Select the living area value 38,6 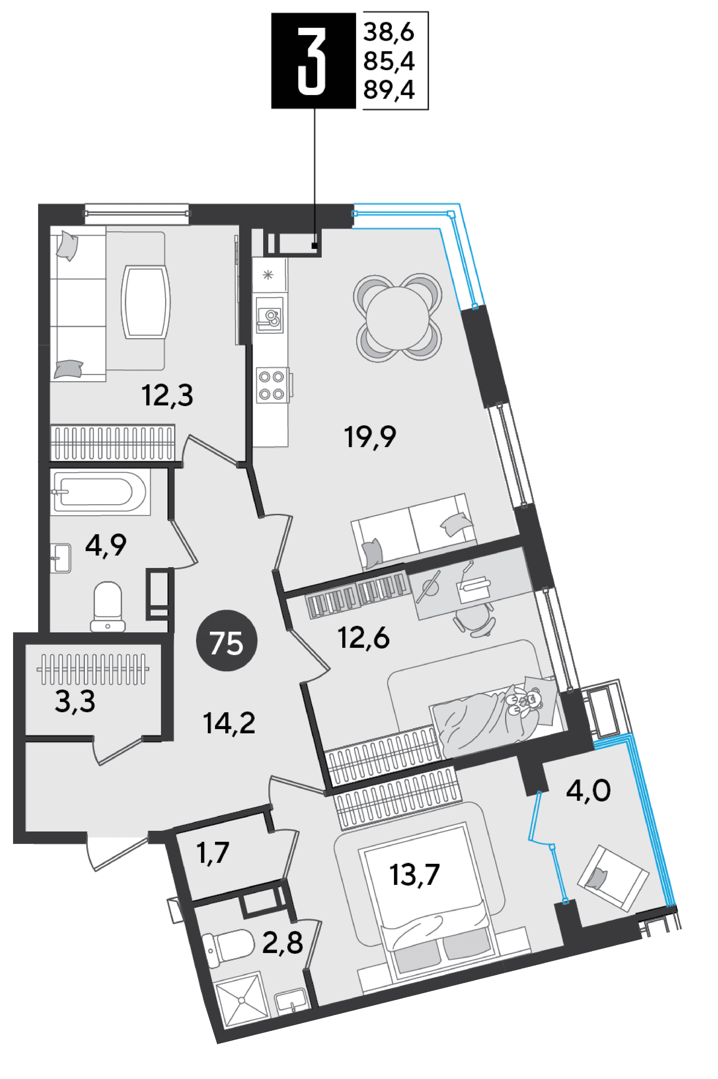pos(389,33)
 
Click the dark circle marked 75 pos(227,641)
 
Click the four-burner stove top pos(272,385)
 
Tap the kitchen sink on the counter pos(270,315)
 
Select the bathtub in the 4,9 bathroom pos(100,492)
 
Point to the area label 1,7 pos(212,853)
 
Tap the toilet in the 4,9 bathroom pos(108,607)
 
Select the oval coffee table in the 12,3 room pos(145,302)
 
